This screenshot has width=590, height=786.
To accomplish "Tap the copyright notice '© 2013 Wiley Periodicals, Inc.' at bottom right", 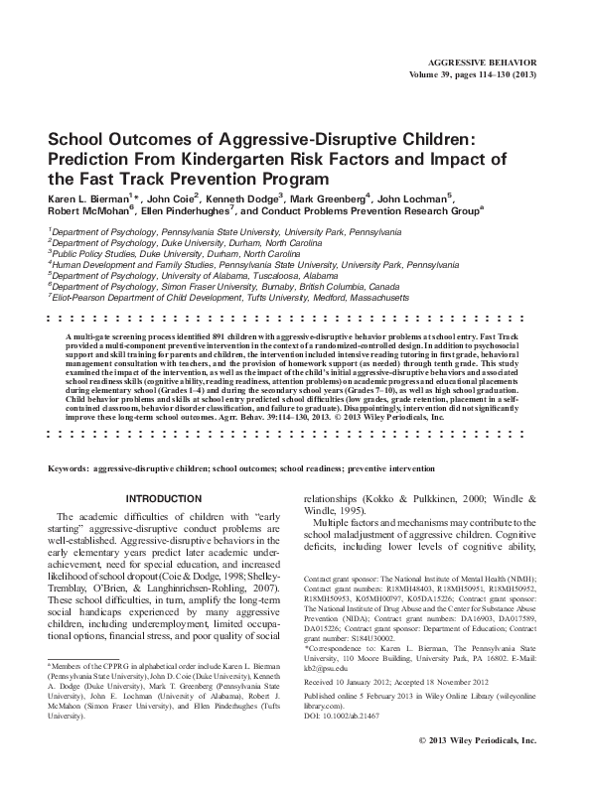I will click(x=478, y=768).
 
